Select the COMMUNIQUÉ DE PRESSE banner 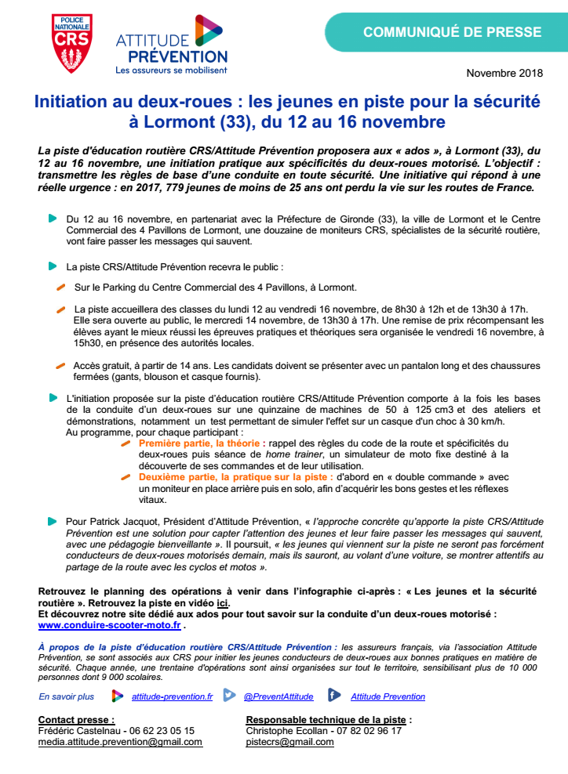tap(452, 32)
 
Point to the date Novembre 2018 tap(504, 73)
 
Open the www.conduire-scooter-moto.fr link tap(109, 625)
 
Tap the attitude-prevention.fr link tap(172, 696)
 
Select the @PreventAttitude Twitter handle tap(279, 696)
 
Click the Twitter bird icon tap(229, 695)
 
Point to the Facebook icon tap(333, 695)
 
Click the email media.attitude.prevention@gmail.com tap(120, 741)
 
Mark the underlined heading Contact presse tap(76, 719)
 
